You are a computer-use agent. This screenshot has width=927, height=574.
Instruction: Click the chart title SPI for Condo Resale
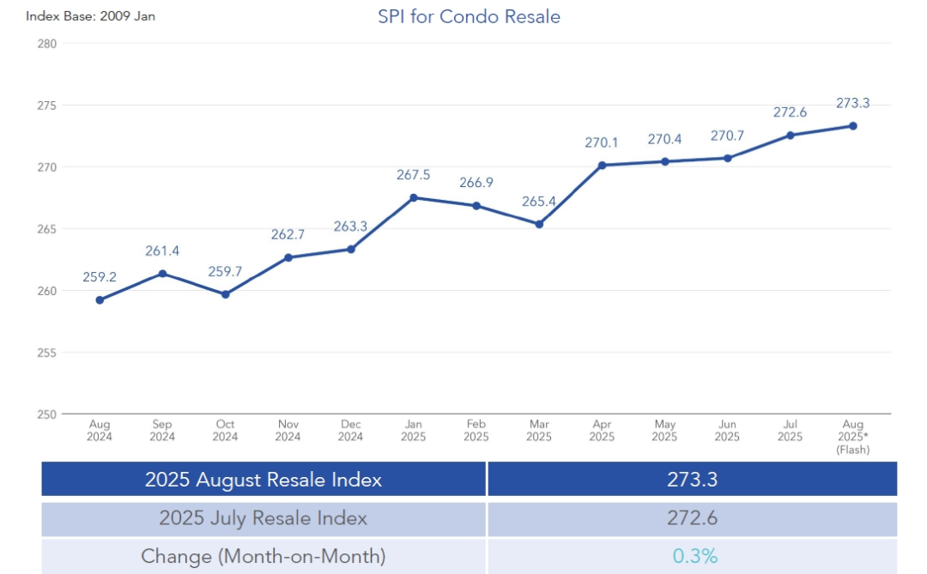pos(469,16)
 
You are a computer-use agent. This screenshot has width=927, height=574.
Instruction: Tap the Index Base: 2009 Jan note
pos(90,15)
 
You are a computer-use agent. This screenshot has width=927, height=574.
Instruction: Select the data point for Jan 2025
pos(414,197)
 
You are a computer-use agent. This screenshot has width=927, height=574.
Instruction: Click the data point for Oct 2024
pos(225,294)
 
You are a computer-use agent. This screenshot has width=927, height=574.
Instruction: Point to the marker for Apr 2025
pos(602,165)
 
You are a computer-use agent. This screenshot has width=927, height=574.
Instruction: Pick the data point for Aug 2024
pos(100,300)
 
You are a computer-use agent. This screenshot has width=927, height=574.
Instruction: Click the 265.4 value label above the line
pos(539,202)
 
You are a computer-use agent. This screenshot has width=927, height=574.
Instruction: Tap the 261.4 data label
pos(162,251)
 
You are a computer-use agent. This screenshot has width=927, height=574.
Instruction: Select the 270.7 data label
pos(727,136)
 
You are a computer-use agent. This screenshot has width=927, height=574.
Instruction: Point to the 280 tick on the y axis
pos(47,43)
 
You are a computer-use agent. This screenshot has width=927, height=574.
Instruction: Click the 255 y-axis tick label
pos(47,353)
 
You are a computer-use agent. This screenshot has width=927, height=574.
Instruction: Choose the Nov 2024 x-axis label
pos(288,431)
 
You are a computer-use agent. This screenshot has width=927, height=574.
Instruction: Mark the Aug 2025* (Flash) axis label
pos(853,437)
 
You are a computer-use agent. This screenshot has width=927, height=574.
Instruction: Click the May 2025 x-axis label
pos(664,431)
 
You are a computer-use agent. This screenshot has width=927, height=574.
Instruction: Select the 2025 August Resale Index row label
pos(264,480)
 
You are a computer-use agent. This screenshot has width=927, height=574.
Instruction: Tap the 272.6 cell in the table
pos(692,518)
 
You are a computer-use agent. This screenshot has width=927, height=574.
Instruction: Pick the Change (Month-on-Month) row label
pos(264,556)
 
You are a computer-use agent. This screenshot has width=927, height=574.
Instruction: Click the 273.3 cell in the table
pos(692,480)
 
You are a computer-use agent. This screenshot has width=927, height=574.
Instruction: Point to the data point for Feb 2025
pos(476,206)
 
